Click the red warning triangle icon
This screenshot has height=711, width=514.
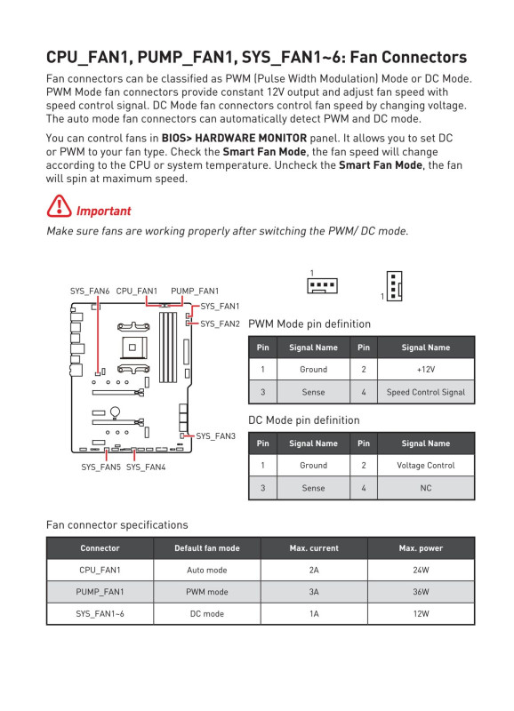(59, 206)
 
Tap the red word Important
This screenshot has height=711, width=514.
(103, 212)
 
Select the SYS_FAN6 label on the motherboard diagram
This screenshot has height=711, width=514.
(90, 292)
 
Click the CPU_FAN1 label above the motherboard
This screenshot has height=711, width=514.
(137, 292)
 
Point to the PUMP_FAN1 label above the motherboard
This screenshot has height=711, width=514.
(195, 292)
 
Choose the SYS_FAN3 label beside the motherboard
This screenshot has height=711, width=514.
(215, 436)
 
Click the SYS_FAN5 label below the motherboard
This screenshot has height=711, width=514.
(100, 467)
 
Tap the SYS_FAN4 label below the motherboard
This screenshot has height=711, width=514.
(146, 467)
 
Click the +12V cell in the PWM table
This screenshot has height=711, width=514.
(426, 370)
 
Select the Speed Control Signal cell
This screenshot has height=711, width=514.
(426, 392)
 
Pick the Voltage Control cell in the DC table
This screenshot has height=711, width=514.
(426, 466)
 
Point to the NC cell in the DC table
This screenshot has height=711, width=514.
(426, 488)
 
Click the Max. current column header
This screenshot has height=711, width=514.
(314, 548)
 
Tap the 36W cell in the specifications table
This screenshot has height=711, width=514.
(421, 592)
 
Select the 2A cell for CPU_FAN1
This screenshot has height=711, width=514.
(314, 570)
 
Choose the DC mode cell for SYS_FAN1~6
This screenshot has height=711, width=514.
(207, 613)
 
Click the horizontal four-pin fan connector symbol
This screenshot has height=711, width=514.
(322, 285)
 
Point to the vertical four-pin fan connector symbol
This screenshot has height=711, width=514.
(394, 285)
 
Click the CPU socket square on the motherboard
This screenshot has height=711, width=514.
(132, 348)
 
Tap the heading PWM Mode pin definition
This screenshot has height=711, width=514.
(309, 324)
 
